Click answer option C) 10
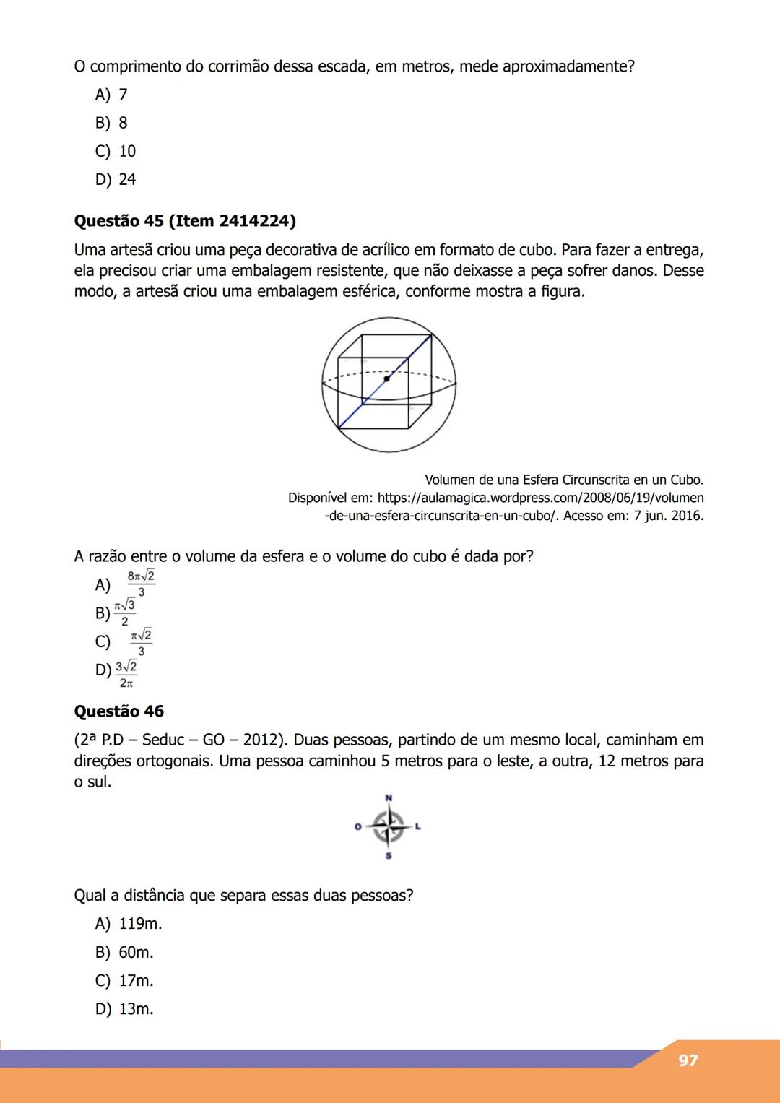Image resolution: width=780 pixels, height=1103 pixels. point(116,151)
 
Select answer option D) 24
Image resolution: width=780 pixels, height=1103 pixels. point(116,179)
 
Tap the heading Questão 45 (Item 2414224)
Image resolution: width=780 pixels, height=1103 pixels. point(185,221)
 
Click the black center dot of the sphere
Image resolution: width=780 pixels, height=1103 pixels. point(387,378)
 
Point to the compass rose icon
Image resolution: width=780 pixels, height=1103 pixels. point(389,826)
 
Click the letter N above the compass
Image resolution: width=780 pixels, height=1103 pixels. point(389,797)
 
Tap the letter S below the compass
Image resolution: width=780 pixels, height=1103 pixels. point(389,856)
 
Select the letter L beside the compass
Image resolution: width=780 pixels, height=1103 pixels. point(417,826)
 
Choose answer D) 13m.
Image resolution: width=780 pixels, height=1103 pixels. point(124,1009)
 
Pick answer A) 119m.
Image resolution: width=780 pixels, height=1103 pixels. point(129,924)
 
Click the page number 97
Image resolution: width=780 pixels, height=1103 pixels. point(688,1060)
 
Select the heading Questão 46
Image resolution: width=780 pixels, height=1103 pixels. point(119,711)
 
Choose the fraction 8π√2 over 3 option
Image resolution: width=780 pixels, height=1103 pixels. point(140,584)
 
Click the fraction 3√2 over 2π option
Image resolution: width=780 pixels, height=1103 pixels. point(126,673)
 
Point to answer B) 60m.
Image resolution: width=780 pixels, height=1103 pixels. point(124,953)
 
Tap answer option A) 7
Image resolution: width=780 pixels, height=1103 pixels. point(111,95)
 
